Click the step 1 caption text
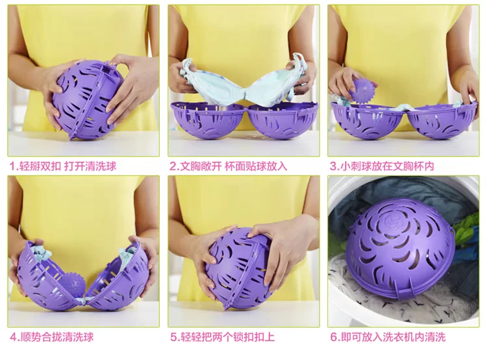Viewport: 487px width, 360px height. tap(63, 166)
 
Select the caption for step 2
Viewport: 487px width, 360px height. tap(229, 166)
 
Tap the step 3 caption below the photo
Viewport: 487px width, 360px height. tap(382, 166)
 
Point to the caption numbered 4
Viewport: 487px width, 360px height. tap(52, 337)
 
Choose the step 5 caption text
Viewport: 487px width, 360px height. tap(222, 337)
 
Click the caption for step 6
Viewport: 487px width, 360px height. tap(388, 337)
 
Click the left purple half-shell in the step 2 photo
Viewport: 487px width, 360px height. tap(208, 120)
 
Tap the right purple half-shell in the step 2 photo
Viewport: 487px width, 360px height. tap(282, 120)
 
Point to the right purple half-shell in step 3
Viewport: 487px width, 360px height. tap(442, 120)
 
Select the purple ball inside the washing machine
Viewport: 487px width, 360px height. tap(400, 249)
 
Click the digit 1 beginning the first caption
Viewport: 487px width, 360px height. tap(12, 166)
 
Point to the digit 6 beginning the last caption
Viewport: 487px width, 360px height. tap(333, 337)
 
